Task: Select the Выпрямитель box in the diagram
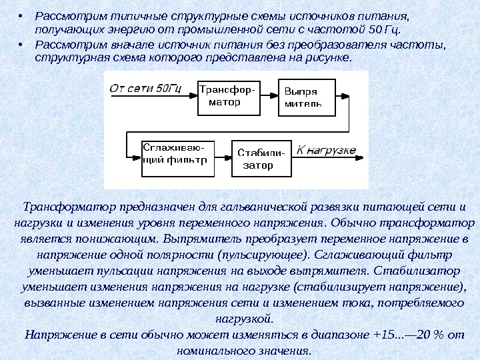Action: pyautogui.click(x=303, y=97)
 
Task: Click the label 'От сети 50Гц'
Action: pyautogui.click(x=145, y=87)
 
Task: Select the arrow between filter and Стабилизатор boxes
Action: pyautogui.click(x=221, y=159)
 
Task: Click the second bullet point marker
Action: pyautogui.click(x=22, y=45)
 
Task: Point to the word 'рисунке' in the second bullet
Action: pyautogui.click(x=329, y=59)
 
